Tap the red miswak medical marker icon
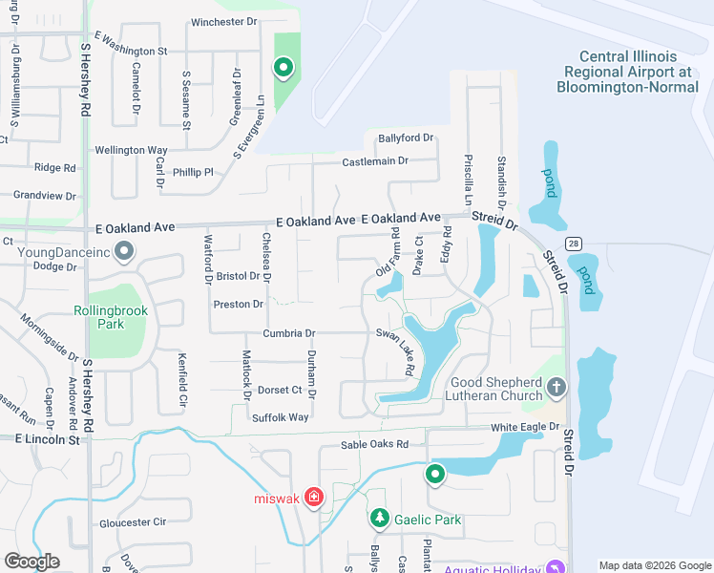(x=314, y=498)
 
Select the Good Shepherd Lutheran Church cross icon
(x=556, y=389)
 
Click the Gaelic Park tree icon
(x=380, y=519)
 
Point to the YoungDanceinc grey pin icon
(x=123, y=252)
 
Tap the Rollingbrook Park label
(x=99, y=317)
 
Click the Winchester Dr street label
(x=224, y=22)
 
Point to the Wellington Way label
(x=131, y=150)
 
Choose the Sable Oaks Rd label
(x=374, y=445)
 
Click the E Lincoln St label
(x=47, y=438)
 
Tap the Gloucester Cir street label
(x=133, y=522)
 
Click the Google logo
(x=32, y=562)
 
